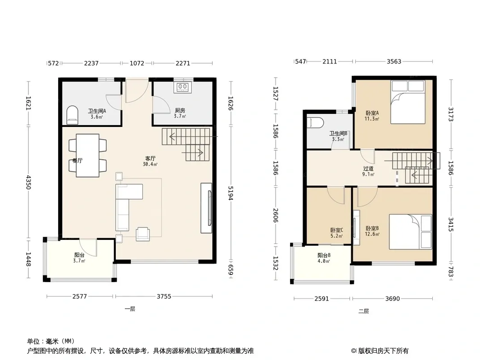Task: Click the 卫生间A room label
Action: [x=97, y=111]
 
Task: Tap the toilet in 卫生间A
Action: [x=72, y=115]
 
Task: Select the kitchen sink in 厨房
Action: [x=183, y=87]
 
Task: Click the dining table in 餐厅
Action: [x=87, y=155]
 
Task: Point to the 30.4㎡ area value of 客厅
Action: [x=150, y=164]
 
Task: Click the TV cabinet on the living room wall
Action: [x=206, y=208]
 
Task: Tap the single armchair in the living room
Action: [x=143, y=234]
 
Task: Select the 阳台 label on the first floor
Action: [x=79, y=255]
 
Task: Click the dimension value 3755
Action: [x=164, y=296]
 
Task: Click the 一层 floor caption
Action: [x=130, y=309]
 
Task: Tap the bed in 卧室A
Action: [x=408, y=102]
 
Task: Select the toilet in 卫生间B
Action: [x=315, y=123]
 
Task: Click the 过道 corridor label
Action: [x=368, y=169]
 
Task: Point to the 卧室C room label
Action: [x=336, y=230]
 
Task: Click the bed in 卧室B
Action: [x=411, y=232]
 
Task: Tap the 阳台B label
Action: [x=324, y=256]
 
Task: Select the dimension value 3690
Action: [x=393, y=298]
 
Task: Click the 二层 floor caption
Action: [x=364, y=311]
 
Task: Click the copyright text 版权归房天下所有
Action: [x=383, y=351]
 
